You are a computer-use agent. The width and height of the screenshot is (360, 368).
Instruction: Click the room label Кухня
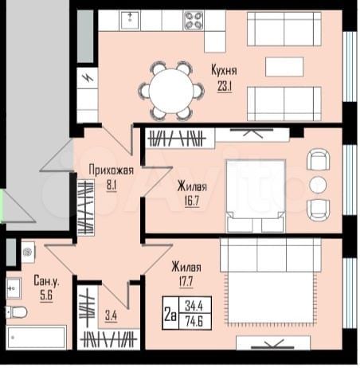click(x=225, y=69)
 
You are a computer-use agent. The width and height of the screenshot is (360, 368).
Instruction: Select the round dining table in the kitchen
click(x=170, y=88)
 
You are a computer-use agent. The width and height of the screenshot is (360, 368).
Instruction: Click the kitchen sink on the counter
click(x=131, y=19)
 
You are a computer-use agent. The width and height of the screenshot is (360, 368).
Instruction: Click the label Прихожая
click(x=111, y=169)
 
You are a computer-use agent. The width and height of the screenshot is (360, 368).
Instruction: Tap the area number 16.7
click(x=187, y=201)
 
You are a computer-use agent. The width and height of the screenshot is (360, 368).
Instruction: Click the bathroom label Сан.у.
click(x=44, y=280)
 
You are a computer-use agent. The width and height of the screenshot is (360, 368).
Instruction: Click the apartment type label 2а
click(x=169, y=312)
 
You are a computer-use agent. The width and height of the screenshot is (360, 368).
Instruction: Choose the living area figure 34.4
click(x=194, y=306)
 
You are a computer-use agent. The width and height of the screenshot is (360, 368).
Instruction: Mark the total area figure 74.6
click(x=194, y=319)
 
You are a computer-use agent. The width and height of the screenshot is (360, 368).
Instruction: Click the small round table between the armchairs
click(x=317, y=184)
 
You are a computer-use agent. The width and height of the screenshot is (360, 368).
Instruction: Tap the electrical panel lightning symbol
click(x=86, y=80)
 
